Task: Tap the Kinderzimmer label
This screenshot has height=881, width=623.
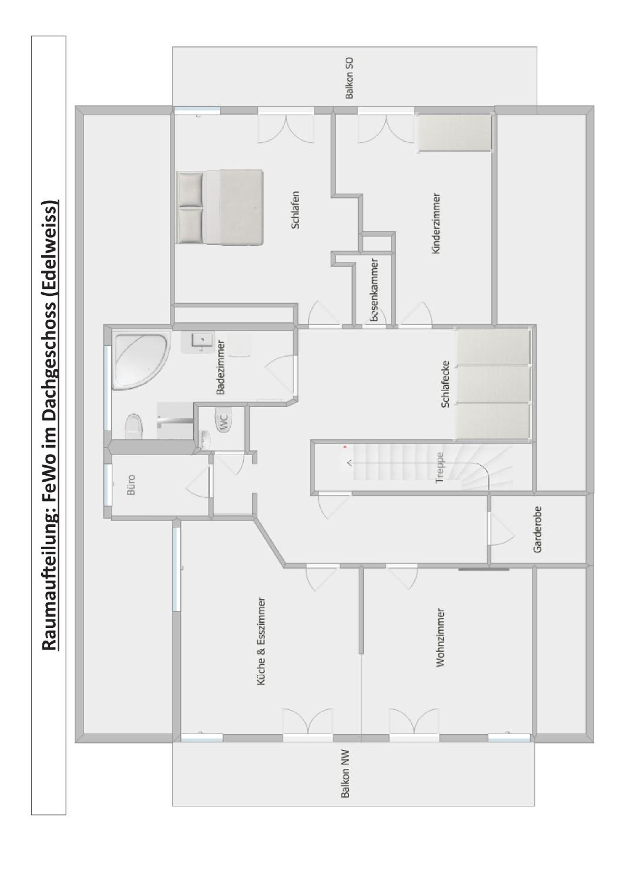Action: (436, 223)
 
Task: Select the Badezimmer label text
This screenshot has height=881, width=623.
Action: (221, 367)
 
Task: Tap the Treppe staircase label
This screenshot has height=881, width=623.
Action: (440, 468)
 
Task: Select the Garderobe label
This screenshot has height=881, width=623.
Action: (537, 529)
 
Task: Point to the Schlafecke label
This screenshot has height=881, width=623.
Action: (445, 384)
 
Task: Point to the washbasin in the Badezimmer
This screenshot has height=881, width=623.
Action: (197, 342)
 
